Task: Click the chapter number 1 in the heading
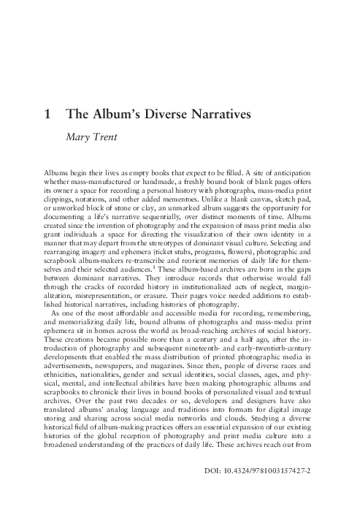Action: pyautogui.click(x=47, y=115)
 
